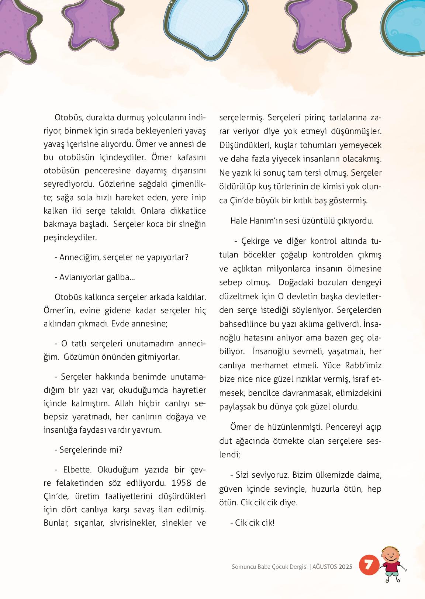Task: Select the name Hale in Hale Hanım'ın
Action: pos(239,221)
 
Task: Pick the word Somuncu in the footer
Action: pos(243,567)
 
